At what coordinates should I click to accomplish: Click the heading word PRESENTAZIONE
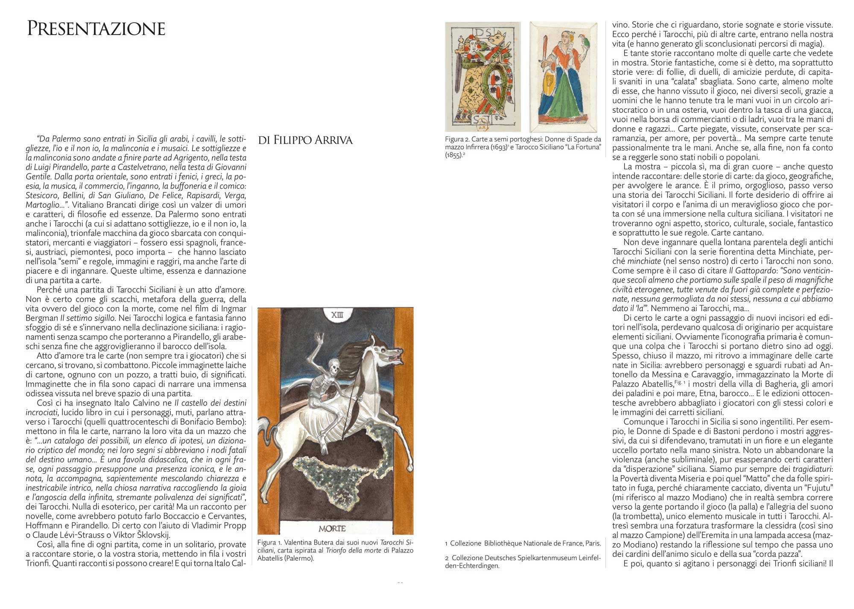(x=96, y=29)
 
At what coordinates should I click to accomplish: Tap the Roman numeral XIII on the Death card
(x=337, y=315)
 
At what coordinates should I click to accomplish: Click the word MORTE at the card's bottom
(x=332, y=528)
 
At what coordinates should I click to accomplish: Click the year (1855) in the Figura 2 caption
(x=453, y=155)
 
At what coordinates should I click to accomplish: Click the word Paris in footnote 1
(x=593, y=544)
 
